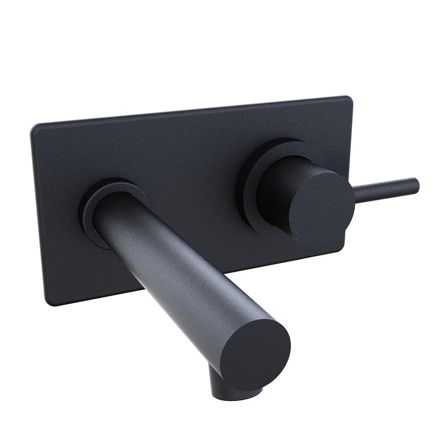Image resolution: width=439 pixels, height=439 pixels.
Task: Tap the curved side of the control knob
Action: click(x=279, y=189)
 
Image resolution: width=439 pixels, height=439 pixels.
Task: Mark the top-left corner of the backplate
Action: click(x=34, y=127)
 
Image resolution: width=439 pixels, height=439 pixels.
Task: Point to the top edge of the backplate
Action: click(x=193, y=111)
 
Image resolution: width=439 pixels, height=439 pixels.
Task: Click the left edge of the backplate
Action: click(x=38, y=214)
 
